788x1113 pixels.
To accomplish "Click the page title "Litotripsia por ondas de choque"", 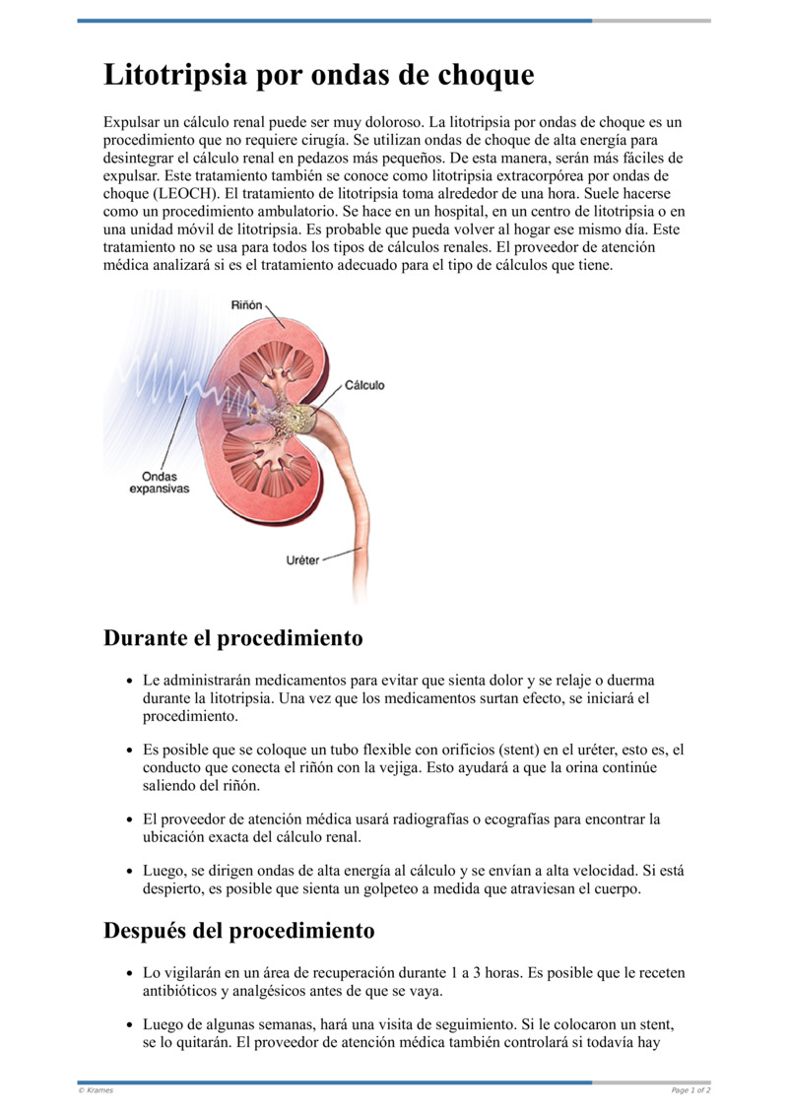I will (x=319, y=75).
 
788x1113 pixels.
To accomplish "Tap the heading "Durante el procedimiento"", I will (x=232, y=638).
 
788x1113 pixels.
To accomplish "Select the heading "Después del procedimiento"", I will (x=238, y=931).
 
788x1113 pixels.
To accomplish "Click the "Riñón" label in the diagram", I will (x=246, y=305).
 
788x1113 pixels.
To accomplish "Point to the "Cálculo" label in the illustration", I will (x=364, y=385).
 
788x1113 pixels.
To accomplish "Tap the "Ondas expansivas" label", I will (x=159, y=482).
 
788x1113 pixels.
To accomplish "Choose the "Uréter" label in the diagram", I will (x=302, y=560).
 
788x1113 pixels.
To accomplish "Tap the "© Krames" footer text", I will (x=96, y=1090).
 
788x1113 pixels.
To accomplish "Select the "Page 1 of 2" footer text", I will (x=690, y=1090).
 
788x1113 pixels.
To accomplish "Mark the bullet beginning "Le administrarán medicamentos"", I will (x=131, y=682).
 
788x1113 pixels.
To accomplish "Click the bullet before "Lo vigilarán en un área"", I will (x=131, y=974).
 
